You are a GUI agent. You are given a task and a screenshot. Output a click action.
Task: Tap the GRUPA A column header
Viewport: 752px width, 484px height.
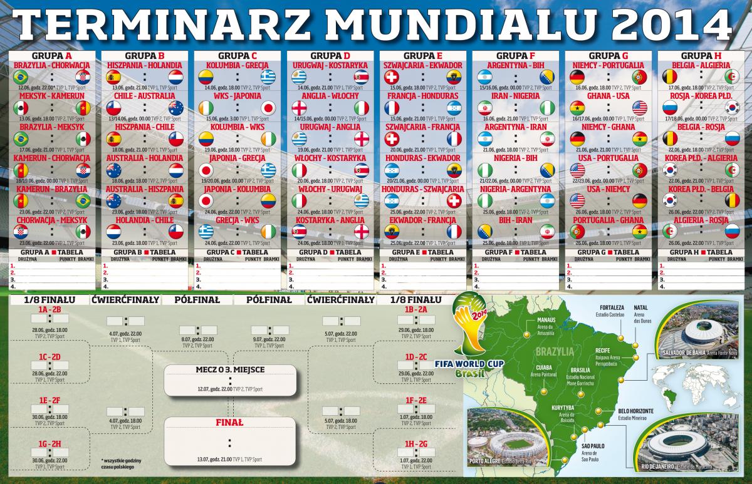click(x=51, y=56)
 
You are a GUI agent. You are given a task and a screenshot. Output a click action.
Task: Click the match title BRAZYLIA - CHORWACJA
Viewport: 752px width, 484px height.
click(x=51, y=65)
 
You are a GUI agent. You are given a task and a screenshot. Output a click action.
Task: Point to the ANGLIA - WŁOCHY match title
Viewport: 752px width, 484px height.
click(x=330, y=96)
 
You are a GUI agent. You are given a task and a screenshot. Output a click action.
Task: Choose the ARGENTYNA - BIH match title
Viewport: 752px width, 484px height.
click(x=514, y=65)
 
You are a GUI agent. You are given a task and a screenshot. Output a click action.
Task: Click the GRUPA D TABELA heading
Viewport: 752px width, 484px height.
click(x=330, y=252)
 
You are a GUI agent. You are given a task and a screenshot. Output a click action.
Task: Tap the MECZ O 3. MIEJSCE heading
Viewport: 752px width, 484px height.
click(x=230, y=369)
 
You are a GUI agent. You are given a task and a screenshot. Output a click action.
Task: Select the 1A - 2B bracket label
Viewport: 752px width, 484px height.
click(x=49, y=309)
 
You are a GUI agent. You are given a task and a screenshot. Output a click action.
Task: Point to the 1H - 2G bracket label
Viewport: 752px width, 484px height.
click(x=415, y=444)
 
